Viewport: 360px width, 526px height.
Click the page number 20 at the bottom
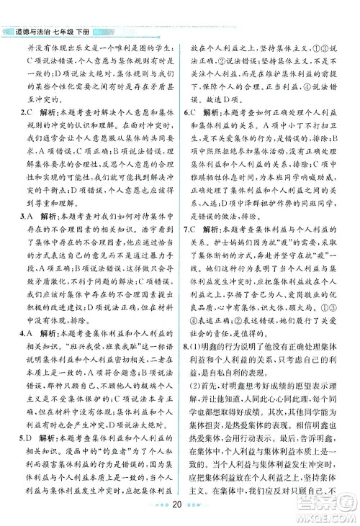[x=179, y=512]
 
